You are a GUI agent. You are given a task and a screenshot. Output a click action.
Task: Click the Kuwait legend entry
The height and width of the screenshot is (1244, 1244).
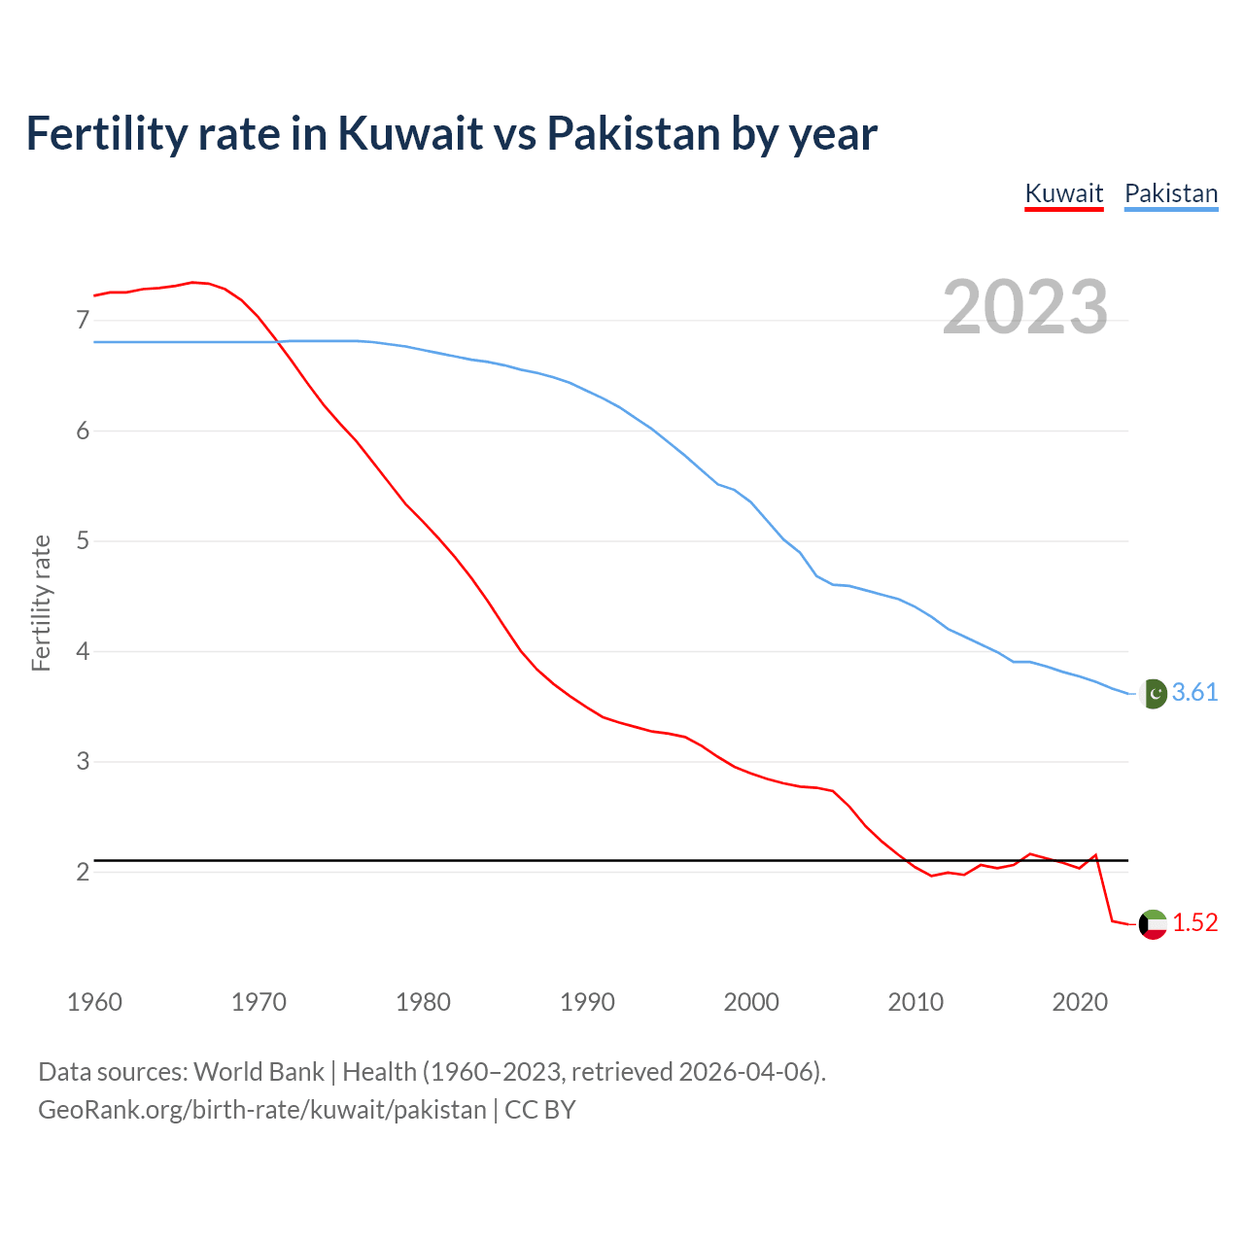(x=1064, y=193)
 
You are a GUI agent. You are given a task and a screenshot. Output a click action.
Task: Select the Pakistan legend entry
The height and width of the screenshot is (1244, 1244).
(x=1171, y=193)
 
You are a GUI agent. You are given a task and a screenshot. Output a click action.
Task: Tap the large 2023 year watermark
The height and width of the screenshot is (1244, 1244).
(x=1025, y=307)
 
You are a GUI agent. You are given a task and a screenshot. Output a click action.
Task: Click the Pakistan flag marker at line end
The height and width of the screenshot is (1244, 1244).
(x=1153, y=693)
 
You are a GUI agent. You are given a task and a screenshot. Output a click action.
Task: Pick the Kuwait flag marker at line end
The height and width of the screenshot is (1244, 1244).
(x=1153, y=923)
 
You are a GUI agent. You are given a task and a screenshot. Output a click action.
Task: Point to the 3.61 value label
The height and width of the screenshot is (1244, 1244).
(x=1194, y=693)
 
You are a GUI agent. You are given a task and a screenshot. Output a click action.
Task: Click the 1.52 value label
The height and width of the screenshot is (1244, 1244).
(x=1194, y=923)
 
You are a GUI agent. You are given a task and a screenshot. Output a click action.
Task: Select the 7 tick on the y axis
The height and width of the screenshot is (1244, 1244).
(x=83, y=321)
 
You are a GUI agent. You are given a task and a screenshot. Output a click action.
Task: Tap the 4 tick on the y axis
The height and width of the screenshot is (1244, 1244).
(x=83, y=651)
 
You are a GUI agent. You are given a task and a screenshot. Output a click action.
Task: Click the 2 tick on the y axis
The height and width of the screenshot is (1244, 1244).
(x=83, y=872)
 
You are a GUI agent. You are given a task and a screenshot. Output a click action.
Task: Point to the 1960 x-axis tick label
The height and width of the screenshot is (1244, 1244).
(x=94, y=1002)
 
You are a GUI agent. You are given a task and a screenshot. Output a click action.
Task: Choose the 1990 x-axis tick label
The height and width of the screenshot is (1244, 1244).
(x=587, y=1002)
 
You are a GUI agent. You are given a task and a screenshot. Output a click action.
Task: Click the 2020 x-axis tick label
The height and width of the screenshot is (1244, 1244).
(x=1080, y=1002)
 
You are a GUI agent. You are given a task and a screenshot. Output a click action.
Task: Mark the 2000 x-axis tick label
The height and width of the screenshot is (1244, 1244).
(x=751, y=1002)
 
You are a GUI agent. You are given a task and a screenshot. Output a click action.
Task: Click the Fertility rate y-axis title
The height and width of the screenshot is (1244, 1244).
(x=41, y=603)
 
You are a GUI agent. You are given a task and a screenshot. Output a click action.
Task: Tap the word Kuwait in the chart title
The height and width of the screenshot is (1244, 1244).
(x=410, y=133)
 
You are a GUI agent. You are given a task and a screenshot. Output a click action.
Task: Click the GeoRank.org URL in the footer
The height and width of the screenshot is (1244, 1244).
(x=262, y=1110)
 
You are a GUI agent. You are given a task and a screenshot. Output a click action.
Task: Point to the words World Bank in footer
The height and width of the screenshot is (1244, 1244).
(x=259, y=1072)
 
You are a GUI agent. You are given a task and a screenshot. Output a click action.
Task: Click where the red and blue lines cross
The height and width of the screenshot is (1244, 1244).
(x=277, y=341)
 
